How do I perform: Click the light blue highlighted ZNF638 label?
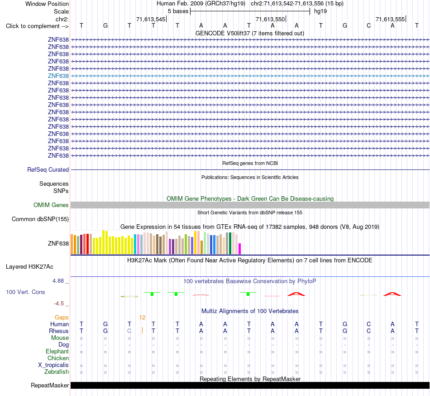click(x=58, y=76)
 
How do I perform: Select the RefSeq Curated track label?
click(x=48, y=169)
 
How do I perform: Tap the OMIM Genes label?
click(x=51, y=205)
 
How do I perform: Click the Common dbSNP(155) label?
click(x=40, y=219)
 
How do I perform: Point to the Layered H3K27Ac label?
click(x=29, y=267)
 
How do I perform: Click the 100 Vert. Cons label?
click(x=25, y=292)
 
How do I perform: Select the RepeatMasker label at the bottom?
click(x=50, y=385)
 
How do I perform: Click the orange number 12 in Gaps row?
click(x=142, y=318)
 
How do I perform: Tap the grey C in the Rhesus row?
click(x=129, y=331)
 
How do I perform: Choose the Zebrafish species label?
click(x=57, y=372)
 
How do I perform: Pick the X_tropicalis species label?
click(x=53, y=365)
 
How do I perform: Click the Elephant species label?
click(x=57, y=351)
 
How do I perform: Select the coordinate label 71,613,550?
click(x=270, y=19)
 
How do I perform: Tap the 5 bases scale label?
click(x=178, y=11)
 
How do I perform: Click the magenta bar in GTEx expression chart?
click(x=240, y=249)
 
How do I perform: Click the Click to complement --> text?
click(x=37, y=26)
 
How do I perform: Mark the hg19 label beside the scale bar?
click(x=320, y=11)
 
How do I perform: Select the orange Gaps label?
click(x=62, y=318)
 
